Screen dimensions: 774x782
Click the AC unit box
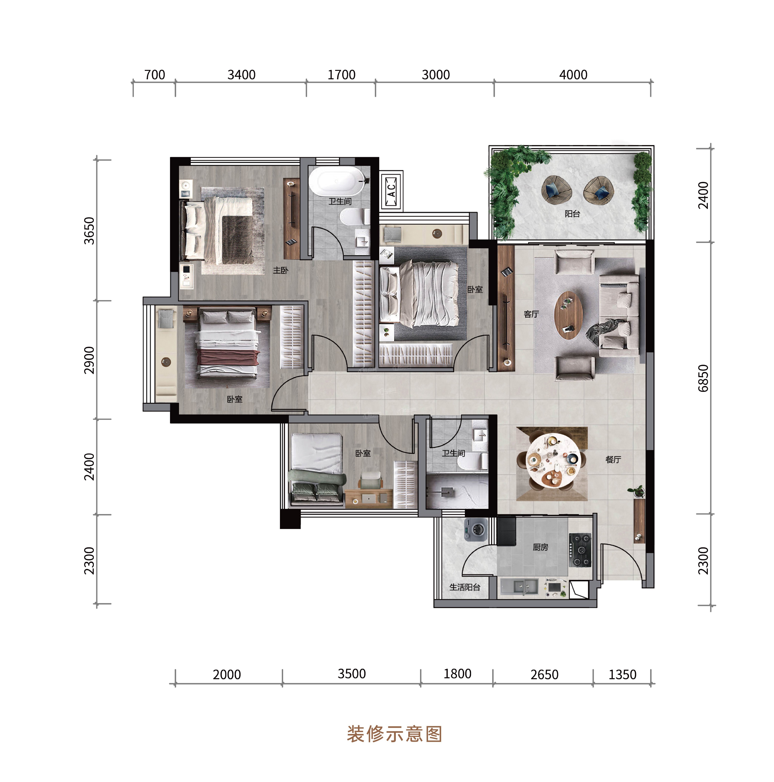click(x=391, y=190)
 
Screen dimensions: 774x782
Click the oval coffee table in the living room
click(x=568, y=315)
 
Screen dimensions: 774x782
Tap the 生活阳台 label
click(x=464, y=587)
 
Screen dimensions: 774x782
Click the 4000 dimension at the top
click(x=573, y=75)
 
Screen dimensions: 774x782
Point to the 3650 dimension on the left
click(x=89, y=231)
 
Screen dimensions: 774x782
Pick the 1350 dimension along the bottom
click(x=622, y=675)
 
